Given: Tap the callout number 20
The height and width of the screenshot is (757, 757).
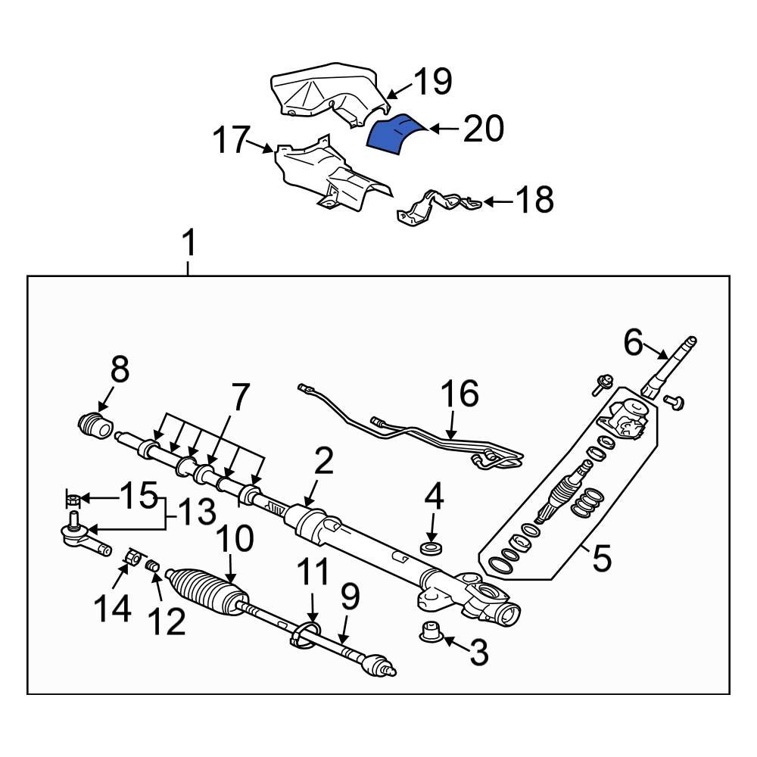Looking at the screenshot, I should [483, 129].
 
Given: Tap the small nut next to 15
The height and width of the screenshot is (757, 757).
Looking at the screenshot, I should [73, 499].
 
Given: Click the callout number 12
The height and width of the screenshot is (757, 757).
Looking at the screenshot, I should [166, 622].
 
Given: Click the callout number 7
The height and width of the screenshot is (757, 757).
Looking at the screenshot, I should [239, 397].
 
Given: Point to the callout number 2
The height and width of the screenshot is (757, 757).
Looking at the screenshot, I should [323, 463].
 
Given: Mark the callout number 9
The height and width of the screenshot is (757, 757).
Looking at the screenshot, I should [348, 599].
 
